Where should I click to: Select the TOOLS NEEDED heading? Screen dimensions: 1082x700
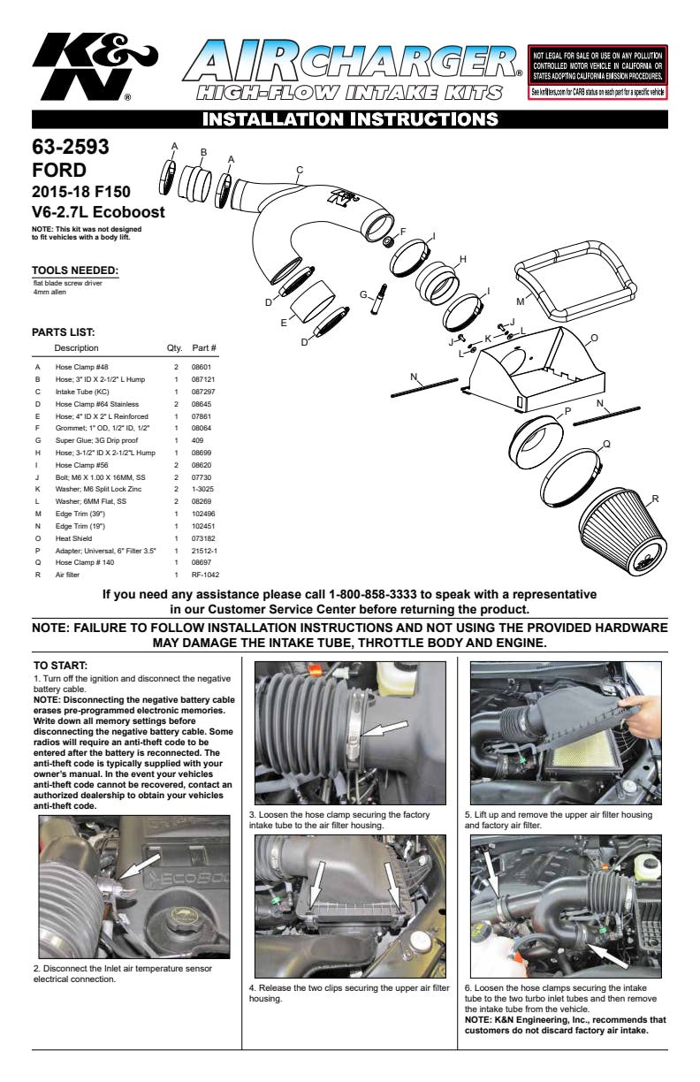[74, 270]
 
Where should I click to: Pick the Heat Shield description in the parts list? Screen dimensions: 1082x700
[74, 537]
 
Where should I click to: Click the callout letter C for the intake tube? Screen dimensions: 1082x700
[300, 170]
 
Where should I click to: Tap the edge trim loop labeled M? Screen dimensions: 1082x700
[576, 278]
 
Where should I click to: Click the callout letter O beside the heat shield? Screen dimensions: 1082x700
[594, 337]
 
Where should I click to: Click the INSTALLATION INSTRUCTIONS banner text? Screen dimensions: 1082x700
[349, 119]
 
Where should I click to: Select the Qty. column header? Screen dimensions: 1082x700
[175, 347]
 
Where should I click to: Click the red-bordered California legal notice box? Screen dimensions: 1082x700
[597, 72]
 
